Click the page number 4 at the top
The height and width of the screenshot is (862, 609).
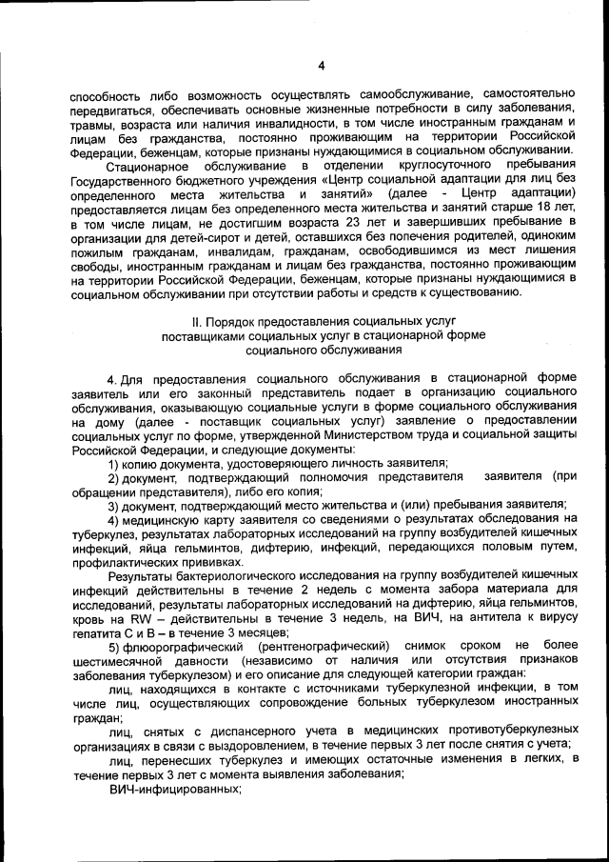(x=321, y=66)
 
